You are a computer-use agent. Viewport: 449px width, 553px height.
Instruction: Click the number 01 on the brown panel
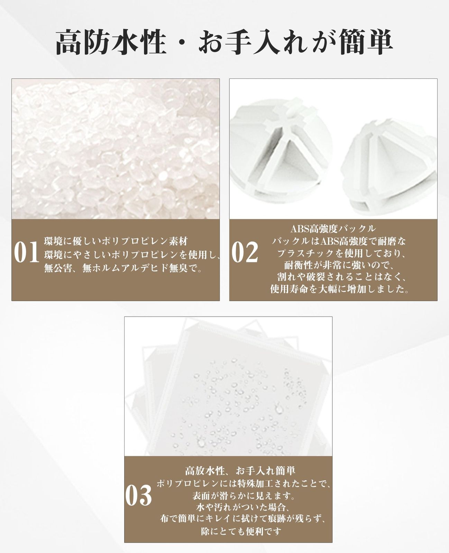coord(27,252)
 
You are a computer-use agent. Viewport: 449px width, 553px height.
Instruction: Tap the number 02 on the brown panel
coord(245,252)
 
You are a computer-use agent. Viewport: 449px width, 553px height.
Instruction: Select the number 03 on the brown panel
coord(138,495)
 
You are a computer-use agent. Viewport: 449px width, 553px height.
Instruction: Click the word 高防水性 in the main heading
coord(111,42)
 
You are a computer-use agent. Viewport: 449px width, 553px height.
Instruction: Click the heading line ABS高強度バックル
coord(333,229)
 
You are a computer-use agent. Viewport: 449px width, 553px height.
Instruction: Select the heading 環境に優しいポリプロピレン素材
coord(116,241)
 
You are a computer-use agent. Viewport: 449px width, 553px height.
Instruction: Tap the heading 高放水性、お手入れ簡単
coord(240,471)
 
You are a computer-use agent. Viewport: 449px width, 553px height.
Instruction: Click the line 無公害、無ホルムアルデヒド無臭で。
coord(123,268)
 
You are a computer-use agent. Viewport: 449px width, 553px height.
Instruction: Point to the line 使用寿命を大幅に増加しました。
coord(339,289)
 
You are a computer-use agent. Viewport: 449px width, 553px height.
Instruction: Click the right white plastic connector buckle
coord(389,167)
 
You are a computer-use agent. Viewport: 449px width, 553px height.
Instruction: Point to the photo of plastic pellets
coord(116,149)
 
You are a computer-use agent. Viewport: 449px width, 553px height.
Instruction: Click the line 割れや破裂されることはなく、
coord(341,277)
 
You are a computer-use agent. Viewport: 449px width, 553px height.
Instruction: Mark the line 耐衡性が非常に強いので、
coord(339,265)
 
